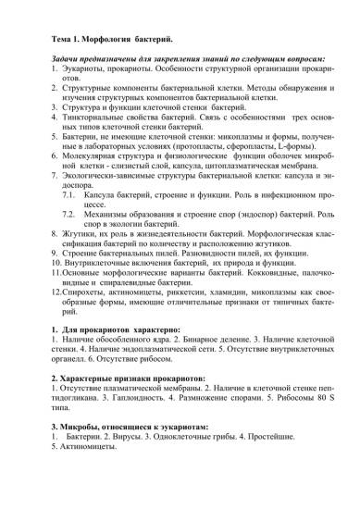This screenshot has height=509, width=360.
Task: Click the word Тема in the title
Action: pos(59,41)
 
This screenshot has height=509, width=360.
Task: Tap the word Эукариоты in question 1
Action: pos(83,71)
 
